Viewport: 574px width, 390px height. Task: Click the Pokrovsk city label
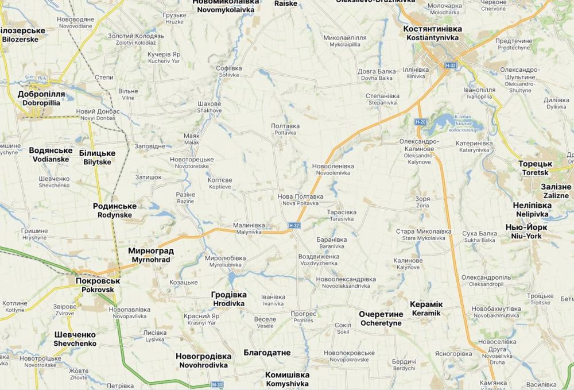pos(98,285)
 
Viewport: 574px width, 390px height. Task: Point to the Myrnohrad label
pos(150,256)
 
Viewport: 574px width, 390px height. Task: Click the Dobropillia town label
pos(41,98)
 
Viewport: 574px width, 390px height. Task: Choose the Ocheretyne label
pos(380,319)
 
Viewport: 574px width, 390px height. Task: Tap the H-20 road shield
pos(421,122)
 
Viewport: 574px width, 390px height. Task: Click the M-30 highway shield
pos(216,384)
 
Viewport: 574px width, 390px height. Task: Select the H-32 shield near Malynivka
pos(294,226)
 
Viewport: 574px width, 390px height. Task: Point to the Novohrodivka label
pos(203,360)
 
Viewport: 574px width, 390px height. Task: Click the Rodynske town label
pos(115,210)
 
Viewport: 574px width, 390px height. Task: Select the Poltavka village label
pos(285,129)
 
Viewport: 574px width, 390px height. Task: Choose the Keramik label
pos(426,308)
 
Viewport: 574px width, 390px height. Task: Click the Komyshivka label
pos(287,379)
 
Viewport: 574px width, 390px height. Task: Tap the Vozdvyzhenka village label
pos(318,259)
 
